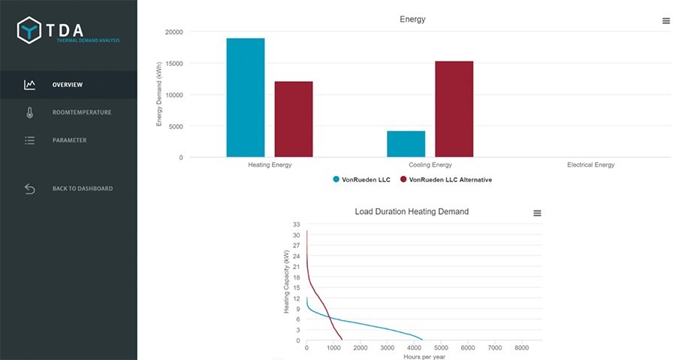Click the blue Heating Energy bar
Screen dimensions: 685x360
(246, 98)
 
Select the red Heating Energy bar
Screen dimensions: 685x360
(294, 119)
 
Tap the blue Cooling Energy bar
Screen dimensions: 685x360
(406, 144)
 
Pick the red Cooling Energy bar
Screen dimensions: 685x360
(454, 109)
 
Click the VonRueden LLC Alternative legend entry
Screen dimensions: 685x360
(446, 180)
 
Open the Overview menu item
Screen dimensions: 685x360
(68, 85)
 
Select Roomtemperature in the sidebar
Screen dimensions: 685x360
(82, 112)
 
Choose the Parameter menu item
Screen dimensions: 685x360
(69, 141)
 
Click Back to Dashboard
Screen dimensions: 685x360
(83, 189)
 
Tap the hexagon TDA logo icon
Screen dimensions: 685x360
(29, 30)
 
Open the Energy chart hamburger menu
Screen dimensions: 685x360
(666, 21)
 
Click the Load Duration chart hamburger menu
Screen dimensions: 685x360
(537, 213)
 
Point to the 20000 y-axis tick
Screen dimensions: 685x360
(174, 32)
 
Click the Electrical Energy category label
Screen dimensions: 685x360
(590, 165)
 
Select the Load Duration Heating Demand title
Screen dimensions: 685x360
(412, 211)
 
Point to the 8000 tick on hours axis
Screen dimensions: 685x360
(521, 348)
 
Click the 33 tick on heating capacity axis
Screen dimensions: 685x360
(296, 225)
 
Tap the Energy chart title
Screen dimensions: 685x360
(412, 20)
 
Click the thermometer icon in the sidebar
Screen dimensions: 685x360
(30, 113)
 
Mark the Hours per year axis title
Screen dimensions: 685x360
(424, 357)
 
